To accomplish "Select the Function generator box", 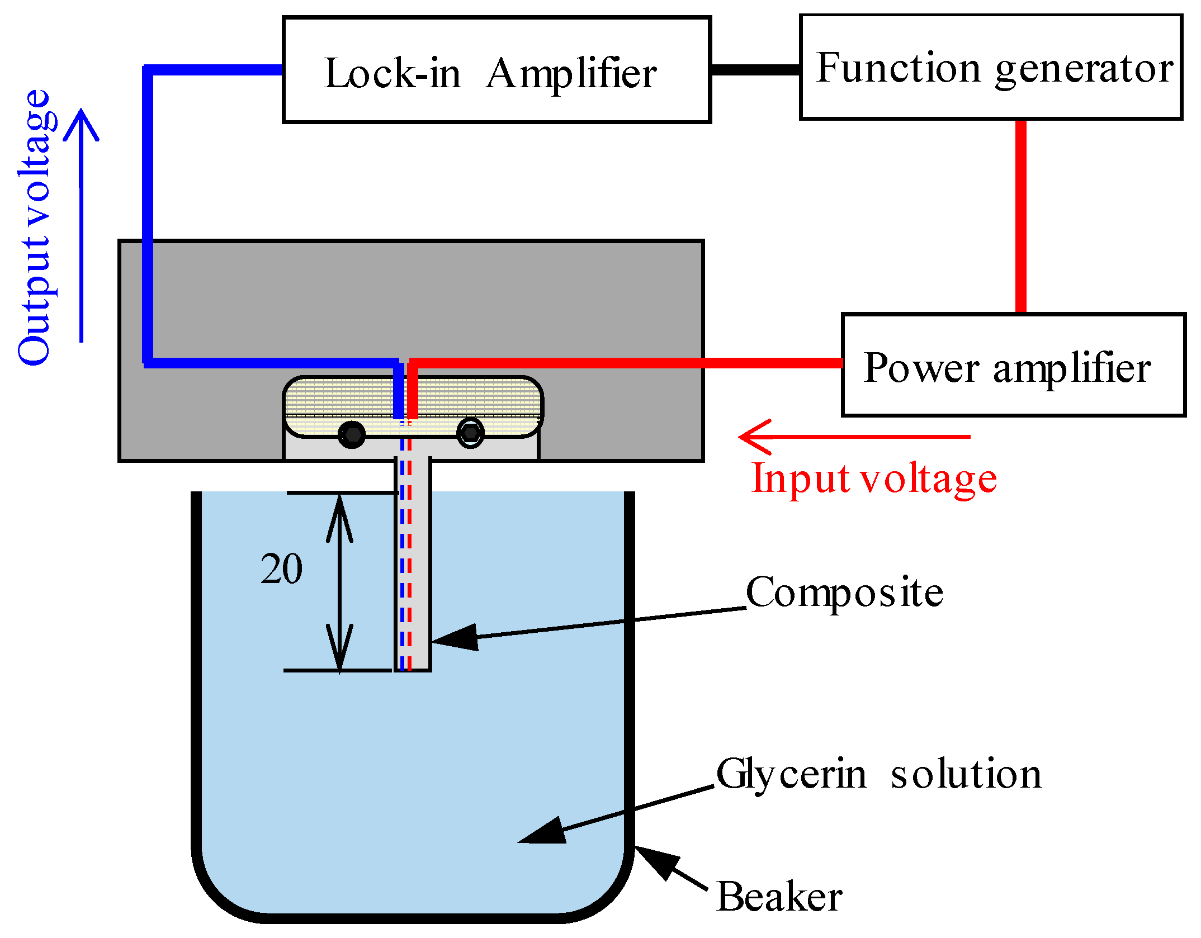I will (x=991, y=67).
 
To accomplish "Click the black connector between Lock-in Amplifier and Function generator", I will (x=755, y=69).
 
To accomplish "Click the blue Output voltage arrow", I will (x=82, y=224).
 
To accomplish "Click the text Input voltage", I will (x=874, y=479).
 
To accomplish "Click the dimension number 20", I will (x=281, y=569).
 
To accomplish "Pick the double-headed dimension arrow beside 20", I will (x=340, y=581).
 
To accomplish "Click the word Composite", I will (x=844, y=593).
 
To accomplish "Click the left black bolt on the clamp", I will (x=352, y=434).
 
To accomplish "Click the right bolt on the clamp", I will (x=470, y=433).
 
